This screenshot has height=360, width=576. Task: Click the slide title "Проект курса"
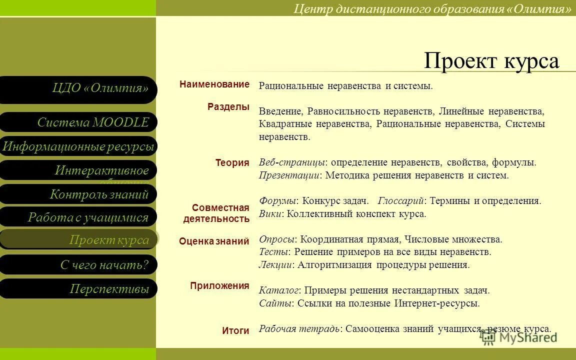[x=491, y=61]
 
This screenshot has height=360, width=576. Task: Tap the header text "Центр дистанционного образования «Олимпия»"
[x=432, y=8]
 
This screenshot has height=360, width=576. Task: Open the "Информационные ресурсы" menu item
[x=78, y=146]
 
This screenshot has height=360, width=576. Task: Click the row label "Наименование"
[x=214, y=84]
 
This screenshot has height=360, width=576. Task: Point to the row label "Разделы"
[x=228, y=106]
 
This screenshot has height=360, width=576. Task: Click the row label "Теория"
[x=232, y=162]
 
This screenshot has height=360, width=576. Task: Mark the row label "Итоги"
[x=235, y=330]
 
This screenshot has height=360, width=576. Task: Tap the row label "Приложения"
[x=219, y=286]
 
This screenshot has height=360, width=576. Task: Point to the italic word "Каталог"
[x=279, y=290]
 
